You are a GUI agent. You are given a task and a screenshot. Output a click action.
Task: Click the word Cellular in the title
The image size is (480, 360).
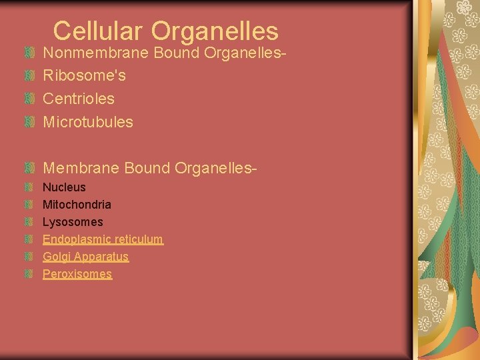point(99,31)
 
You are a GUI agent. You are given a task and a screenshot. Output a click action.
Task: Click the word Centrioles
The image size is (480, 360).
point(79,99)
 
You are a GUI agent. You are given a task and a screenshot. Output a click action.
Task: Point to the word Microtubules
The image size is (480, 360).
point(88,122)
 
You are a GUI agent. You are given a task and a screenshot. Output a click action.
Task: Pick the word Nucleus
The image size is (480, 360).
point(64,187)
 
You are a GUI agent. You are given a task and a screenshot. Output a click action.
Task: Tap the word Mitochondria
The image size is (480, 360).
point(77,205)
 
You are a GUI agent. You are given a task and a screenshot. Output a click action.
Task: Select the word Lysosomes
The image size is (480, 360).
point(73,222)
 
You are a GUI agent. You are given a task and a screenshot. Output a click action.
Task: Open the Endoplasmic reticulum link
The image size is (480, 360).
point(103,239)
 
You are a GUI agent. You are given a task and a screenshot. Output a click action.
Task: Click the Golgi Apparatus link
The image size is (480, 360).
point(85,257)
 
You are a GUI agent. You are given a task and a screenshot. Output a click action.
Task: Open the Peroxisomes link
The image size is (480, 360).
point(77,274)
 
